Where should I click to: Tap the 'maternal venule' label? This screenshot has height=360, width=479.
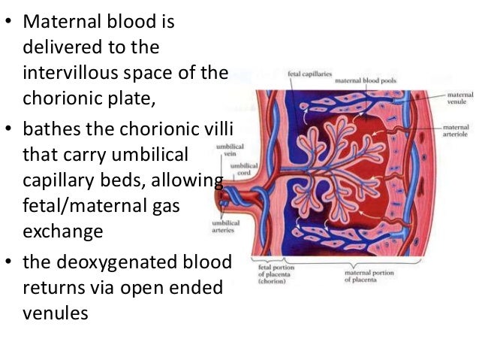coord(459,98)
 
